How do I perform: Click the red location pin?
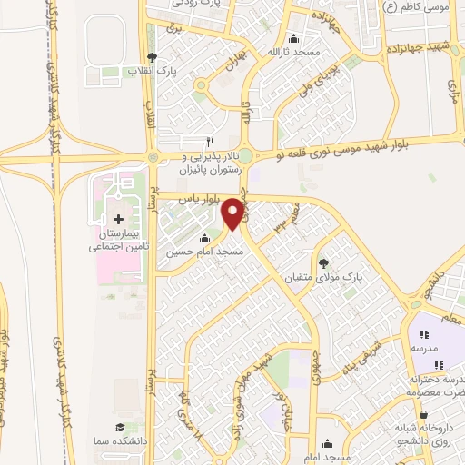coord(232,213)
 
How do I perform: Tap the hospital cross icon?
coord(118,219)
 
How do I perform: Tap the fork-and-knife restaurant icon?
coord(211,142)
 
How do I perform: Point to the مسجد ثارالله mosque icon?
coord(292,39)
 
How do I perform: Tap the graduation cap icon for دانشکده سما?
coord(119,428)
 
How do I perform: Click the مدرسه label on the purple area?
coord(424,349)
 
